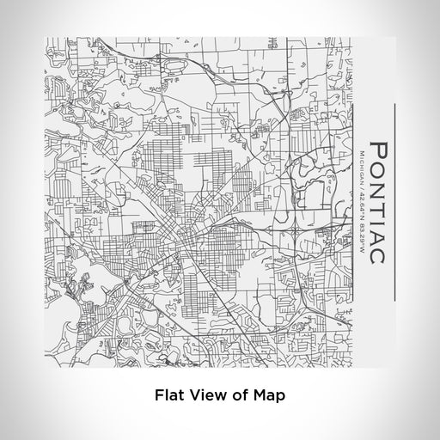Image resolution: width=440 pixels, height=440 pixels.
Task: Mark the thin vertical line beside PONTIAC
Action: coord(394,202)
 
